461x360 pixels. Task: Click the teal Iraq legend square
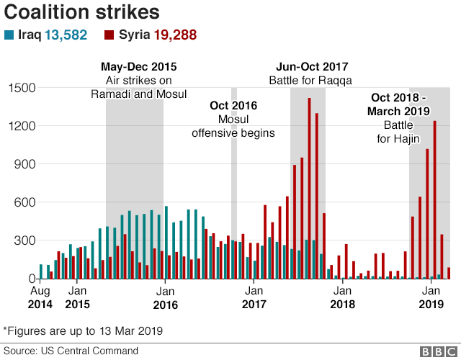coord(9,35)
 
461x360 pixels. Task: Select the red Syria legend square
coord(109,35)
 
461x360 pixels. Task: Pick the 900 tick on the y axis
coord(26,164)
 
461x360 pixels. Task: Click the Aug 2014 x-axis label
coord(41,297)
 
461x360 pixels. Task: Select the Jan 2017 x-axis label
coord(253,297)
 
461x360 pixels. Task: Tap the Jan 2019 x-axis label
coord(430,297)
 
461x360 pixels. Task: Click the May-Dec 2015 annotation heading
coord(138,67)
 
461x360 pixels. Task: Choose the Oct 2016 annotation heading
coord(233,106)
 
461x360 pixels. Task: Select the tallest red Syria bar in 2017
coord(309,187)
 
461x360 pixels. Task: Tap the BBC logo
coord(434,351)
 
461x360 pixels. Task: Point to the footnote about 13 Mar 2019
coord(83,330)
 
